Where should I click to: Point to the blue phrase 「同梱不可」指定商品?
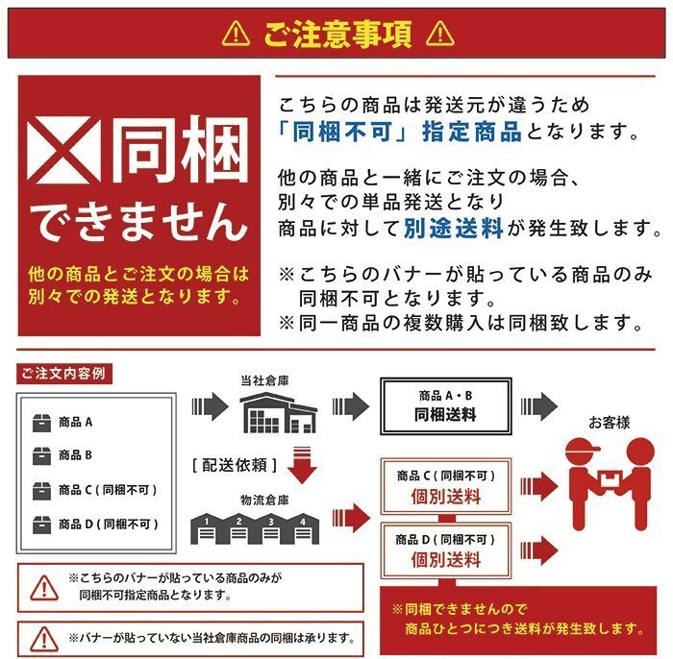click(x=399, y=132)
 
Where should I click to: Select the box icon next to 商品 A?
click(x=41, y=422)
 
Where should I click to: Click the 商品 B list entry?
click(x=75, y=455)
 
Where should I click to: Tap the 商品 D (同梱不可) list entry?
click(x=106, y=525)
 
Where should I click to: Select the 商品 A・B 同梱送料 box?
click(x=444, y=407)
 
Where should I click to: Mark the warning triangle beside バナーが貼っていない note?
click(x=43, y=637)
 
